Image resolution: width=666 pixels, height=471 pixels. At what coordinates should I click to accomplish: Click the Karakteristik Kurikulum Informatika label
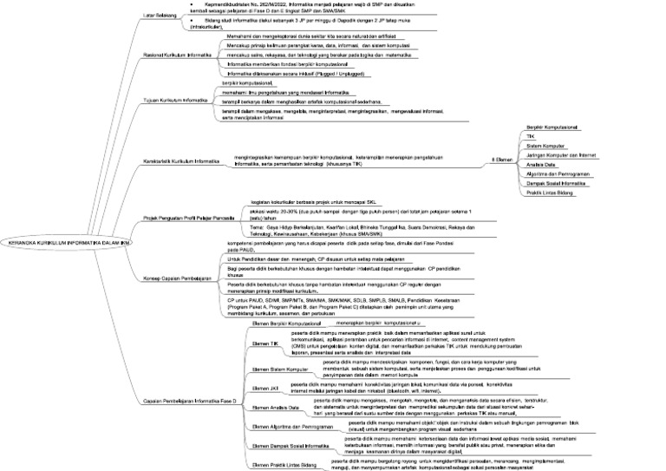pos(181,160)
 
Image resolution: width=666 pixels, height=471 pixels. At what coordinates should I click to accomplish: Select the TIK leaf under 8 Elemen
pos(532,136)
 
